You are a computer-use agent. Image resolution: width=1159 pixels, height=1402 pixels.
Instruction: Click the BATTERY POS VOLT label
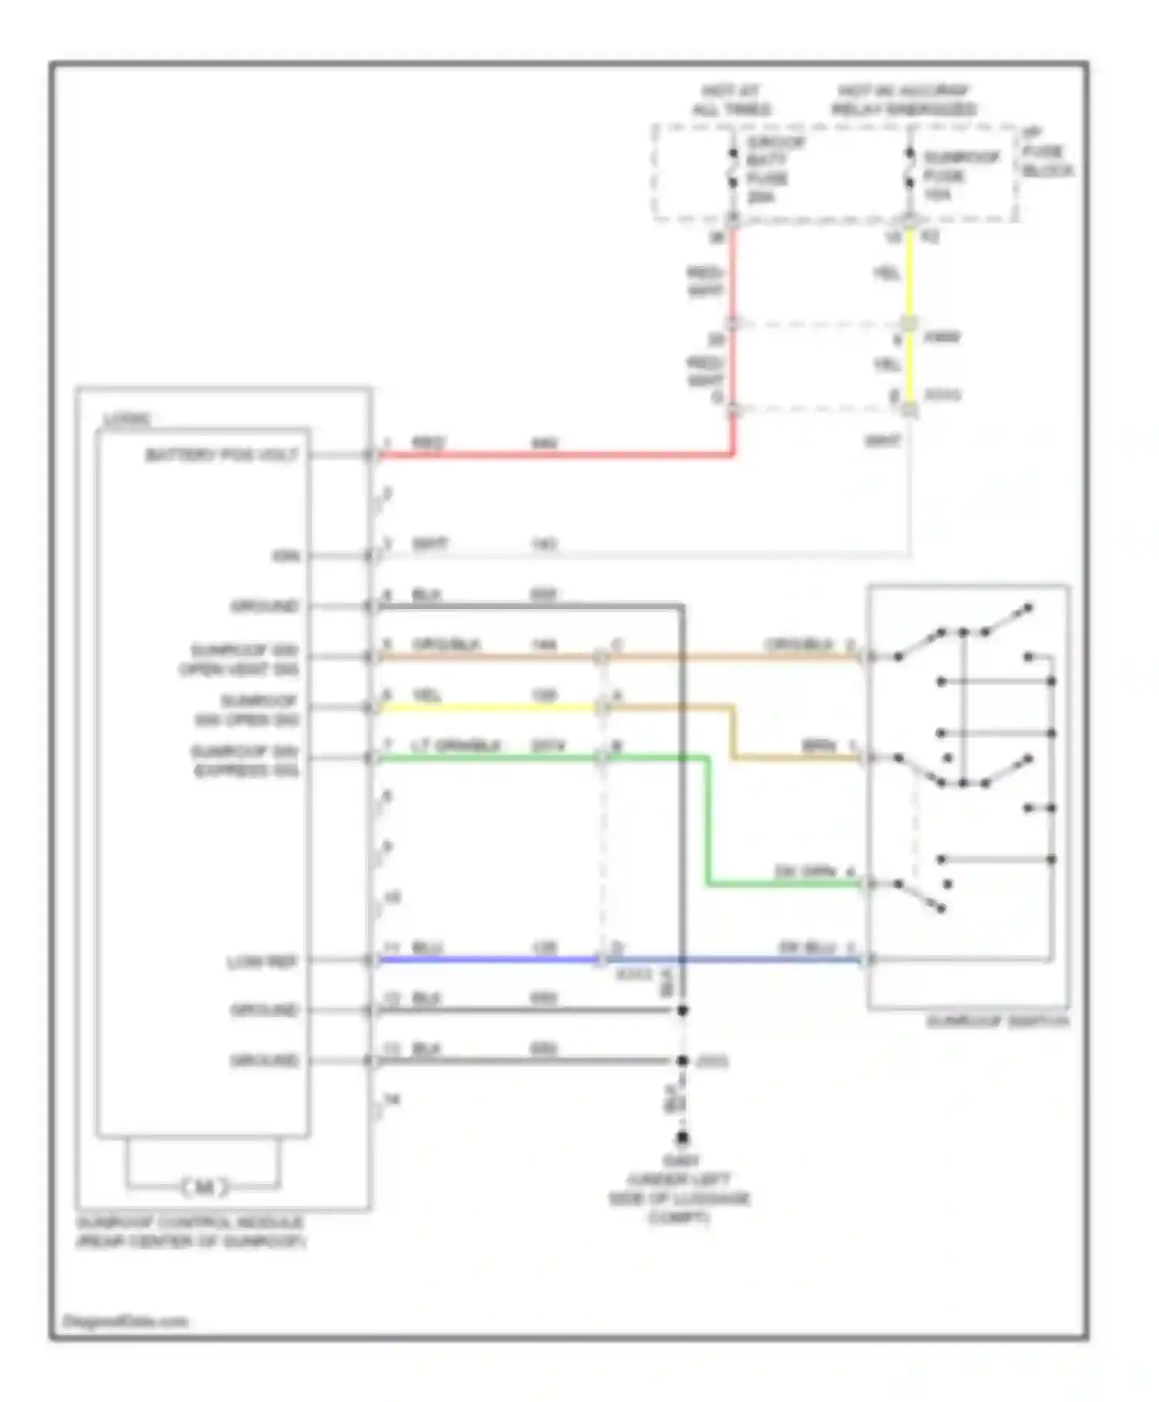[x=222, y=455]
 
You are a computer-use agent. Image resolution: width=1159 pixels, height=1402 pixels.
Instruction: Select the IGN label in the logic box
[x=285, y=556]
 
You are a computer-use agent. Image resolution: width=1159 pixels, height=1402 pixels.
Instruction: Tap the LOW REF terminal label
[x=262, y=961]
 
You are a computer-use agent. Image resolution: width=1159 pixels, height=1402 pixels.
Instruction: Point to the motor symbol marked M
[x=204, y=1186]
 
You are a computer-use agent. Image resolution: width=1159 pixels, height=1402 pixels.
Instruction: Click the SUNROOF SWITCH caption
[x=997, y=1022]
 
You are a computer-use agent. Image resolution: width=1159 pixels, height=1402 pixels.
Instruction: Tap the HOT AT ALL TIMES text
[x=731, y=100]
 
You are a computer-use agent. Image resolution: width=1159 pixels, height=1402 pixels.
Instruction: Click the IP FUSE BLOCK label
[x=1046, y=152]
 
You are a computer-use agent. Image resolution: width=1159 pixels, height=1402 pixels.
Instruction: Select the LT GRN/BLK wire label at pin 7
[x=455, y=746]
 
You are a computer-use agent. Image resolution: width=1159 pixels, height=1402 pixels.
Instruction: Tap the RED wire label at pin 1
[x=428, y=443]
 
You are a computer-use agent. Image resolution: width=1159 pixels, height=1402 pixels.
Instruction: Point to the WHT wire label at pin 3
[x=430, y=544]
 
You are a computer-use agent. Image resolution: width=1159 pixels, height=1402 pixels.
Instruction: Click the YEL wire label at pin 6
[x=427, y=696]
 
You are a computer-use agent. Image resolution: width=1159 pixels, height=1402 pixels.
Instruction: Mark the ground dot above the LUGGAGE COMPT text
[x=682, y=1138]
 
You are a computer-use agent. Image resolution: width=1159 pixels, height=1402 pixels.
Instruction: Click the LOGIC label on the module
[x=128, y=420]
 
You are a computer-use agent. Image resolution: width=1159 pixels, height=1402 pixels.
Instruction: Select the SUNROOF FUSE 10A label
[x=960, y=175]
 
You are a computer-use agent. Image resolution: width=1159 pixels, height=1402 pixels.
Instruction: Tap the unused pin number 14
[x=392, y=1099]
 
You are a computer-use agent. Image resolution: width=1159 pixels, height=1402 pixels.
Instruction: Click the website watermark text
[x=125, y=1322]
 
